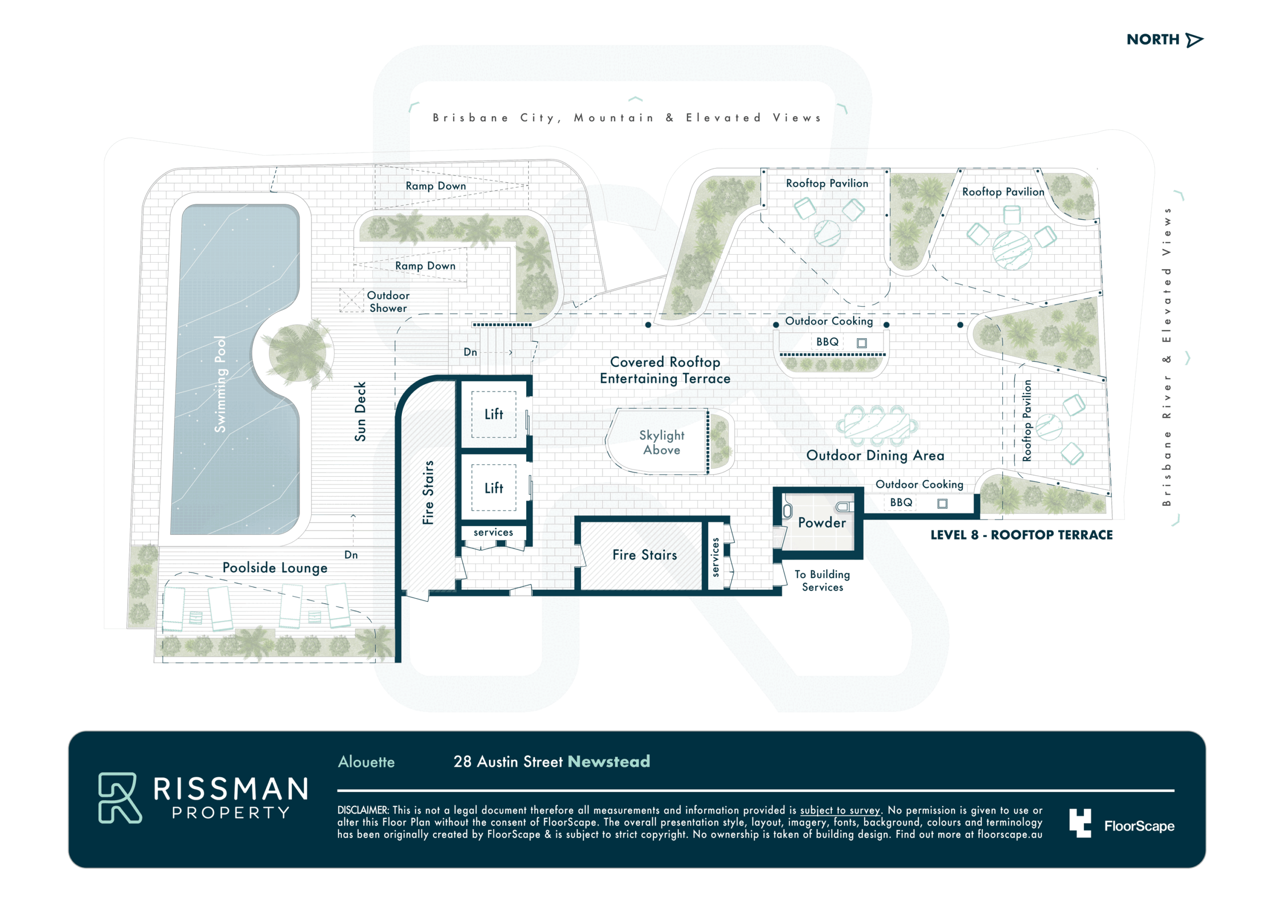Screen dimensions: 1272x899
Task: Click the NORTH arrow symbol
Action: coord(1194,40)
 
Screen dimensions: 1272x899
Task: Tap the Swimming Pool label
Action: coord(220,384)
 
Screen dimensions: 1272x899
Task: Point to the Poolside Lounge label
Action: coord(275,568)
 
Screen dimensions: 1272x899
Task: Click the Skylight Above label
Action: coord(661,443)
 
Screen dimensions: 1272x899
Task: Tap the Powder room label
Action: coord(822,523)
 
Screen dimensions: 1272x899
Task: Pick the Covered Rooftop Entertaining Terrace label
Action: coord(665,370)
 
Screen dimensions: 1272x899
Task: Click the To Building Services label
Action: coord(822,581)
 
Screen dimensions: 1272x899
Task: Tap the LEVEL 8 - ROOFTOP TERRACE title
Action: coord(1021,535)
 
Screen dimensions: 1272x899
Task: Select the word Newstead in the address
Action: coord(609,761)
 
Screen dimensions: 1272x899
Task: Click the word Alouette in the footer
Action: coord(366,762)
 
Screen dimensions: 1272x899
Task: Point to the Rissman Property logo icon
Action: coord(120,798)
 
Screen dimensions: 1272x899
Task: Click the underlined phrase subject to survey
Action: coord(840,811)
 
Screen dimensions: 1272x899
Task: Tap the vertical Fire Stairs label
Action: coord(428,492)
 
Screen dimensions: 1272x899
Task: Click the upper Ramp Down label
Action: coord(435,186)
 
